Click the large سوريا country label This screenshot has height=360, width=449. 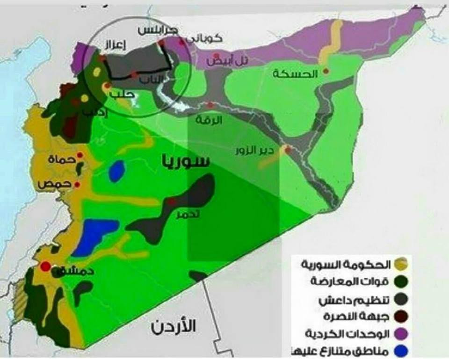coord(185,161)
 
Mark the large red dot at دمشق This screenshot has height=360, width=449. coord(45,266)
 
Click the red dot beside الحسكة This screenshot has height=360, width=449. coord(326,71)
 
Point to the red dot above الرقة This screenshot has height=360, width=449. coord(211,105)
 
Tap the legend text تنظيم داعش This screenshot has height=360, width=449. coord(360,300)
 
